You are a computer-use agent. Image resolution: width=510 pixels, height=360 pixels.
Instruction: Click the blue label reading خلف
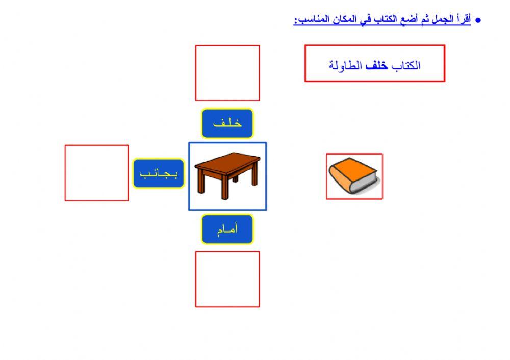(227, 123)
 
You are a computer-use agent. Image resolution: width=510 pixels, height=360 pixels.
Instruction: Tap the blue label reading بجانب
(159, 173)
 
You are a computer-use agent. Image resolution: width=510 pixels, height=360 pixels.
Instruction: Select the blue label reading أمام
(227, 229)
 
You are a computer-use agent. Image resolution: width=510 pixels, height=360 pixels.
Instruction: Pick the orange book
(353, 176)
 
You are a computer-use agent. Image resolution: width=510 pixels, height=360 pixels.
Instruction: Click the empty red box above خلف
(227, 73)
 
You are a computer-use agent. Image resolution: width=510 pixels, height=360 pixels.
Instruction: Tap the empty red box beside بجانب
(96, 173)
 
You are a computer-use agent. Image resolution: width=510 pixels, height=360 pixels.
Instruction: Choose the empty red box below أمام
(227, 279)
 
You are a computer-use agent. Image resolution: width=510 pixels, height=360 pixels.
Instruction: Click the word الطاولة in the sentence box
(345, 65)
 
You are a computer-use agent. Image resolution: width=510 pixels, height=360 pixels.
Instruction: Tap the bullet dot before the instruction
(478, 21)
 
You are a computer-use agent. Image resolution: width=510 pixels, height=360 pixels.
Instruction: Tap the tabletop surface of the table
(227, 162)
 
